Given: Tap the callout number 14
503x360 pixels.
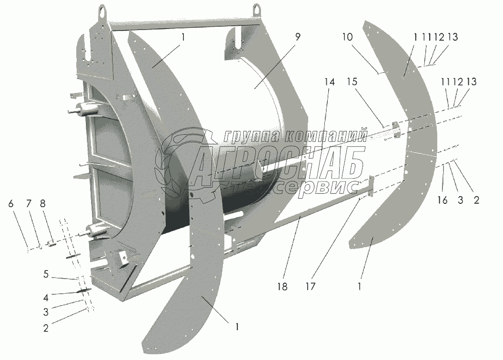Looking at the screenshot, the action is point(330,82).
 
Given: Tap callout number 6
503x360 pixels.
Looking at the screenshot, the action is point(10,204).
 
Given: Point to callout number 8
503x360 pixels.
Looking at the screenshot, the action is point(43,204).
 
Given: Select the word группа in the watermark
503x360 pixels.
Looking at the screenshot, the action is point(250,136).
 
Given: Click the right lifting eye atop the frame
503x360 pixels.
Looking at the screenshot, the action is point(258,9).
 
